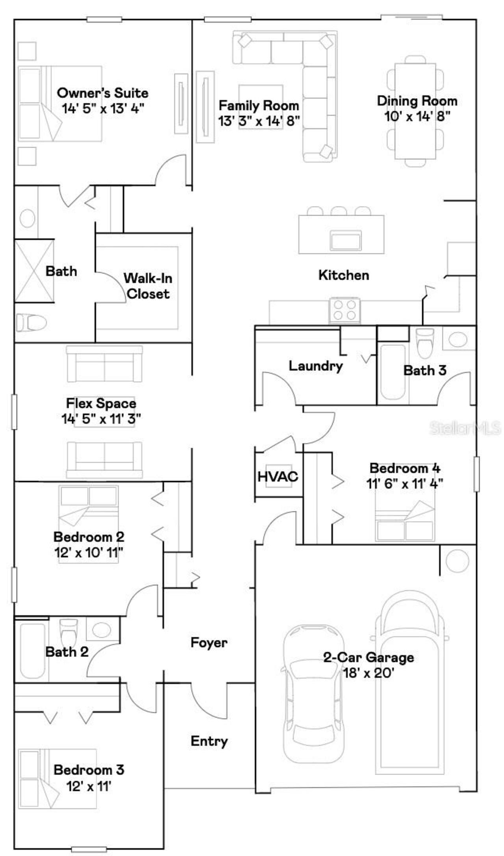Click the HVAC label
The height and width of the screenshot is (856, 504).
(x=278, y=477)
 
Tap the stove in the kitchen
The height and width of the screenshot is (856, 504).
(x=345, y=310)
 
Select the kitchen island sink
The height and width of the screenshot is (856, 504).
(x=346, y=241)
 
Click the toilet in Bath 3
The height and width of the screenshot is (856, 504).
(x=424, y=343)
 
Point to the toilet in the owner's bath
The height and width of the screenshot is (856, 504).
(x=31, y=323)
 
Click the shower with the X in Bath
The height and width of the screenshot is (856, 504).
(x=34, y=271)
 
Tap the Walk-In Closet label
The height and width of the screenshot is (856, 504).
(x=148, y=286)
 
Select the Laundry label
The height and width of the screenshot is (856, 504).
(x=316, y=366)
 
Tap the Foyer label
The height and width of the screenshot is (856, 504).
(x=209, y=642)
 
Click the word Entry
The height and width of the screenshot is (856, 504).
(x=209, y=741)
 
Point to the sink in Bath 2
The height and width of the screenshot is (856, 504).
(x=102, y=629)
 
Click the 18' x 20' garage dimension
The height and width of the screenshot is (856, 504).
(x=369, y=673)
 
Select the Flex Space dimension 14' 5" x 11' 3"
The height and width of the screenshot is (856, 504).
(x=101, y=419)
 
